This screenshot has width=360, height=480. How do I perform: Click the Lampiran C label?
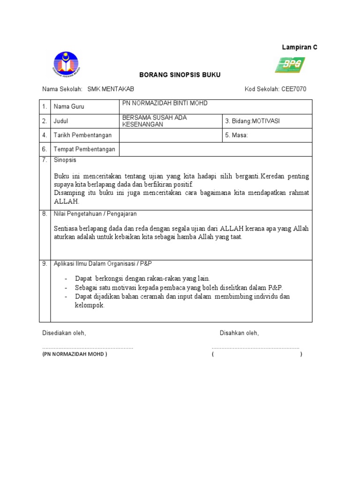(x=299, y=47)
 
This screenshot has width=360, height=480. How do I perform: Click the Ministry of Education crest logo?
(x=66, y=65)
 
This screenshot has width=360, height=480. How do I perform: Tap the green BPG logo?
(x=290, y=65)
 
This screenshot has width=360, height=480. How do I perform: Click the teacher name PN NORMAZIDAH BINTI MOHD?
(x=164, y=103)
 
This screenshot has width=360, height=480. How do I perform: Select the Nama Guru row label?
(x=69, y=107)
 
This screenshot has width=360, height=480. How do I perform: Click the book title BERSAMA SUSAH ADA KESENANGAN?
(x=154, y=121)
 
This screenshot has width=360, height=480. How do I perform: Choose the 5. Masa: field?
(x=236, y=135)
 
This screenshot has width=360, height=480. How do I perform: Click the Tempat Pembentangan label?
(x=84, y=150)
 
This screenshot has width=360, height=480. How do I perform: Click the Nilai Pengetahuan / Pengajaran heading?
(x=95, y=214)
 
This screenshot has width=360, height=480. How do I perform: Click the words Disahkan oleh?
(x=239, y=333)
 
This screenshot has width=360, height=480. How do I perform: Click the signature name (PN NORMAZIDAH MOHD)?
(x=75, y=354)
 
